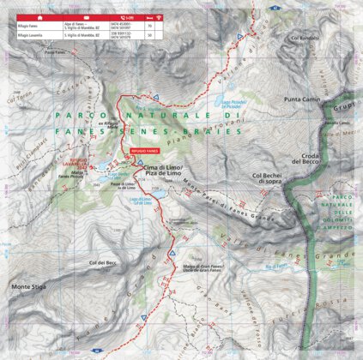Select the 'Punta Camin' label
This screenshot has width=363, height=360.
pos(301,99)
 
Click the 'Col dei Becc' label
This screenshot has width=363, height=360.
pos(101,262)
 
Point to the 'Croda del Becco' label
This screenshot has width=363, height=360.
pos(309,159)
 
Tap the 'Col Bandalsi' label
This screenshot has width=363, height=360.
pos(305,39)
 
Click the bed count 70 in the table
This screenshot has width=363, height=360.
pos(150,27)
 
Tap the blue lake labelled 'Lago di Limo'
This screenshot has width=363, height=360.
pos(159,203)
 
